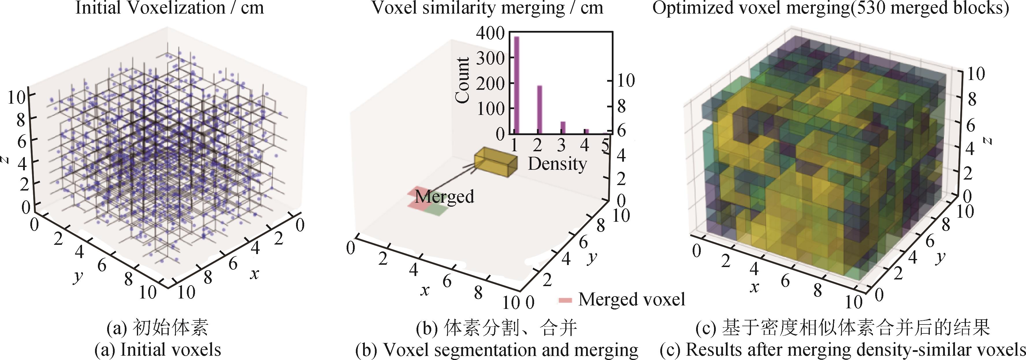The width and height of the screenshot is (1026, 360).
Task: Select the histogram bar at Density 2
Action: coord(540,109)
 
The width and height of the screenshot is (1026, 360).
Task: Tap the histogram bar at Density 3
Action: coord(563,127)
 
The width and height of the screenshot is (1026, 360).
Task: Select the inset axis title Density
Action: coord(557,164)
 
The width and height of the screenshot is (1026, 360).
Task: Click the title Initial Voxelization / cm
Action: coord(170,8)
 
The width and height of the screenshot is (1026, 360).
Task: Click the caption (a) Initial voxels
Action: coord(158,350)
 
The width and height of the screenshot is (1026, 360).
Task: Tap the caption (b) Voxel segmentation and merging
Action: coord(497,350)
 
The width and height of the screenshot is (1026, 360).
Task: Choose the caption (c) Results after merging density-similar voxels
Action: coord(842,350)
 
